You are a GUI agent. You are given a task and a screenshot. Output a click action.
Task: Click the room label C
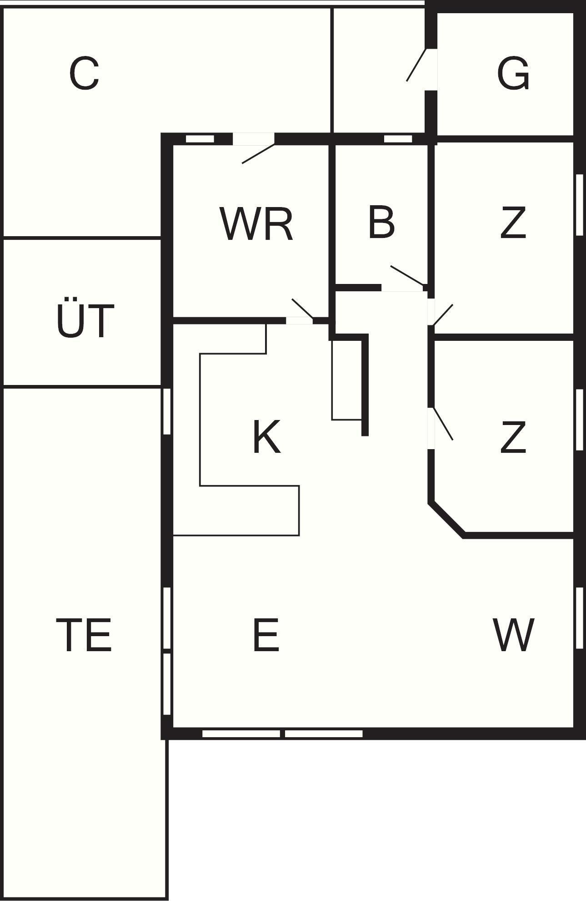(x=84, y=73)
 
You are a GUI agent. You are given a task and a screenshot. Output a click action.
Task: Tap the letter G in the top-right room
(x=513, y=73)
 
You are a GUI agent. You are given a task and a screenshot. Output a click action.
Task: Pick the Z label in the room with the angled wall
(x=513, y=437)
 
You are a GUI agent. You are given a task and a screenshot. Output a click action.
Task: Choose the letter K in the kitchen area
(x=266, y=437)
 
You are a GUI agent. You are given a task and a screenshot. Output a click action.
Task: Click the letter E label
(x=265, y=635)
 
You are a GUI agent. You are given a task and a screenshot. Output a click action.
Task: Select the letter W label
(x=513, y=635)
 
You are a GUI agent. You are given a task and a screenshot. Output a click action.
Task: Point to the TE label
(x=84, y=635)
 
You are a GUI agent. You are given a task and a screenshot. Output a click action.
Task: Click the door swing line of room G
(x=416, y=65)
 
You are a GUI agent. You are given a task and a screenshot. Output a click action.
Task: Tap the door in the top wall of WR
(x=258, y=153)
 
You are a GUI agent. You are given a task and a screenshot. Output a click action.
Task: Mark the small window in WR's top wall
(x=200, y=139)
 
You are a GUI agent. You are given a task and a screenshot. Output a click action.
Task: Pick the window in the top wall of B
(x=398, y=139)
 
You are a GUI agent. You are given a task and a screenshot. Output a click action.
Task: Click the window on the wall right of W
(x=580, y=618)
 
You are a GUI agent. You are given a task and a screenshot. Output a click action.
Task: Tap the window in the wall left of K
(x=167, y=411)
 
